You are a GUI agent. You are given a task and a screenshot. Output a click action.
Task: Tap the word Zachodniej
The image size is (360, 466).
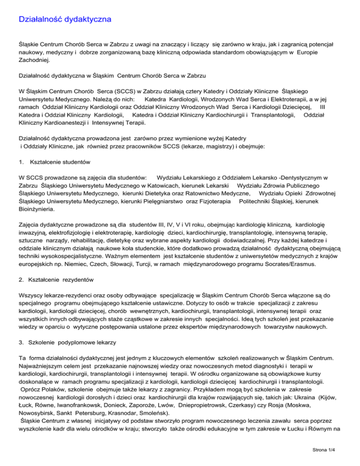pyautogui.click(x=35, y=60)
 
